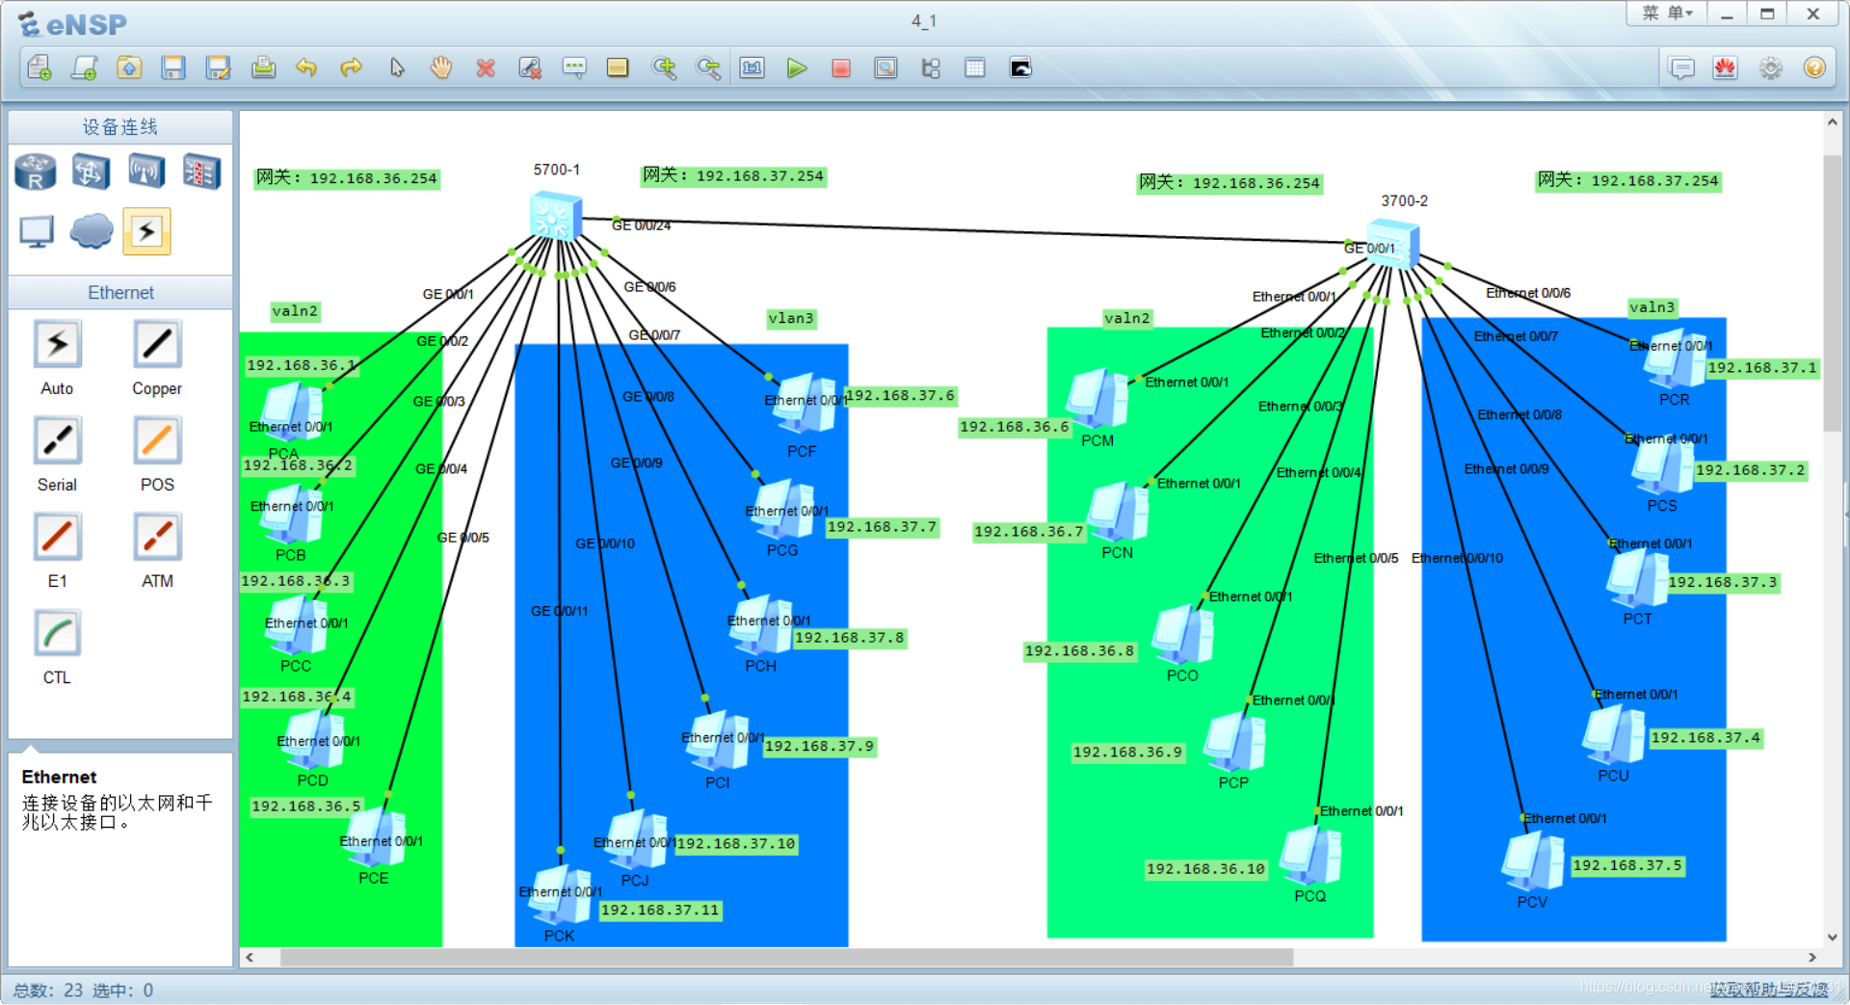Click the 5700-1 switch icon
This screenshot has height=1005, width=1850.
tap(556, 216)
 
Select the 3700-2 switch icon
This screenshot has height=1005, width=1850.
tap(1393, 244)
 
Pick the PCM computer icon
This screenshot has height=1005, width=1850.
tap(1097, 398)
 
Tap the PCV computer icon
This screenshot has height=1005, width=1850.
tap(1532, 860)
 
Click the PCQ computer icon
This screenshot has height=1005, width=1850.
tap(1310, 855)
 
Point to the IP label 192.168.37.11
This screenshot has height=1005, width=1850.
tap(660, 911)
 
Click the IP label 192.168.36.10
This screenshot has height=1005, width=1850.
tap(1205, 869)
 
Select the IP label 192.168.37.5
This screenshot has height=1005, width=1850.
tap(1627, 865)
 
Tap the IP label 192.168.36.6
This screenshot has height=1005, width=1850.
tap(1015, 427)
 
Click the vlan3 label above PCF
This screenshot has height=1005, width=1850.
tap(791, 319)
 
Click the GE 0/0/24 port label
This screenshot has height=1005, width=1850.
tap(642, 225)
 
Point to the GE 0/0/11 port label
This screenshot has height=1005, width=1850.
tap(559, 611)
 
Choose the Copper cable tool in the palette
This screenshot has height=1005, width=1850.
tap(157, 344)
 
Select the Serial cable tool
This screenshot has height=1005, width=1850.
tap(58, 440)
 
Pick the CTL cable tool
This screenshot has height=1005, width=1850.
tap(58, 633)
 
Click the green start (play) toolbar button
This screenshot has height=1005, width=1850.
tap(797, 68)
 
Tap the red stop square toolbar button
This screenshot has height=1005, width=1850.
tap(841, 68)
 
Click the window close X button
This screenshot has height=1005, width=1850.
tap(1812, 14)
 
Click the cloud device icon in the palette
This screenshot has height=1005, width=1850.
tap(92, 231)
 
